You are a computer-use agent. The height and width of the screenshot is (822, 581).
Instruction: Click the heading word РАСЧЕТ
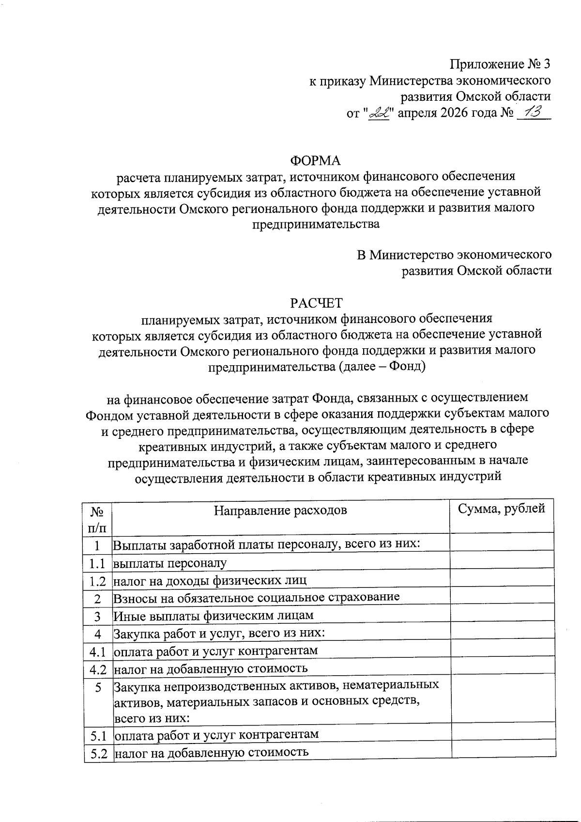coord(316,303)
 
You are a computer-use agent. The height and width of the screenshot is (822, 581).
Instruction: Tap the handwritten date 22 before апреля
coord(379,114)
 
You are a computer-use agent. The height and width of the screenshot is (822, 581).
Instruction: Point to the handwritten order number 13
coord(533,113)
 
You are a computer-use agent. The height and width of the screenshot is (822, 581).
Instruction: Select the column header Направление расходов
coord(280,511)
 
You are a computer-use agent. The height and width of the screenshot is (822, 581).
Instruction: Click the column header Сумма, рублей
coord(502,509)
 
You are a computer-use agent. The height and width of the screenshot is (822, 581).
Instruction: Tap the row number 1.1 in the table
coord(97,563)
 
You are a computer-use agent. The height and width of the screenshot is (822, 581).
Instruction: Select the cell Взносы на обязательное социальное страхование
coord(256,597)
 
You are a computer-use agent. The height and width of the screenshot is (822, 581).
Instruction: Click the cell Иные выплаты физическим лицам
coord(214,615)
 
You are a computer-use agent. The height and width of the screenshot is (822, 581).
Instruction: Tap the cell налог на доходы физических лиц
coord(210,580)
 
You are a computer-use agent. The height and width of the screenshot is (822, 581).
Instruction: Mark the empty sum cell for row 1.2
coord(502,580)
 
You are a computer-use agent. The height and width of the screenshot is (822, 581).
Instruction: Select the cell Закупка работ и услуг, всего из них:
coord(218,634)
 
